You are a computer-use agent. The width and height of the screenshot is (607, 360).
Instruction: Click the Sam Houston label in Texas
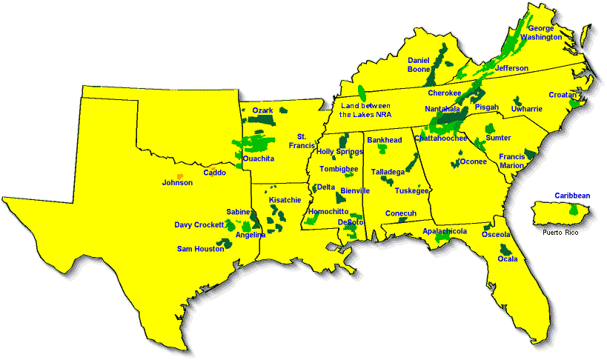[x=200, y=249]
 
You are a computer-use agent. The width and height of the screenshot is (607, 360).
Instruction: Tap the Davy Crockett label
[x=199, y=224]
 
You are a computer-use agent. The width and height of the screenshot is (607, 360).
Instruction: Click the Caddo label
[x=215, y=173]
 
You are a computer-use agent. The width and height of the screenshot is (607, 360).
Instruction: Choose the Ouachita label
[x=259, y=159]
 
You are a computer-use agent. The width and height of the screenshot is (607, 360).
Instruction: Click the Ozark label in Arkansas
[x=263, y=110]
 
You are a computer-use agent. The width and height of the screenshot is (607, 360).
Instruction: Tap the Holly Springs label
[x=339, y=151]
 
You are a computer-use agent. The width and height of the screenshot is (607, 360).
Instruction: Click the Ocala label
[x=508, y=259]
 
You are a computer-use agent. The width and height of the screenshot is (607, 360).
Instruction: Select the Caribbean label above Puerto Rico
[x=572, y=196]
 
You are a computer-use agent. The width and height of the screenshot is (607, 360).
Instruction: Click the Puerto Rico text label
[x=560, y=232]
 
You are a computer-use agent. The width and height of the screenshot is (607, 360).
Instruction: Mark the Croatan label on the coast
[x=563, y=95]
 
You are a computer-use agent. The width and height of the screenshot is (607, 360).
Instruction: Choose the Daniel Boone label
[x=419, y=64]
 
